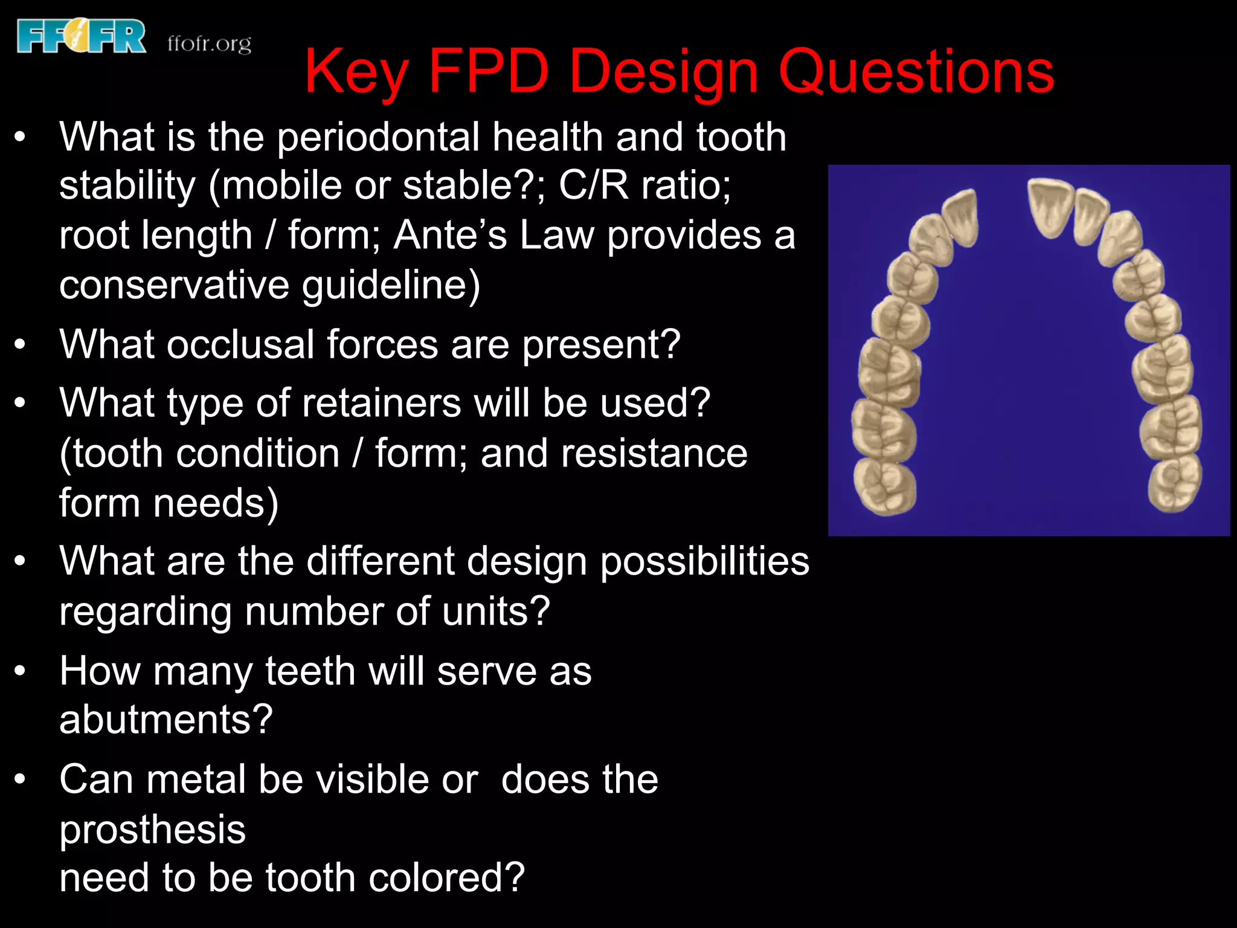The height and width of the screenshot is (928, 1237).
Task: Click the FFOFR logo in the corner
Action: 82,36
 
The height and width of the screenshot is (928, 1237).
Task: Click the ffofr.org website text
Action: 209,44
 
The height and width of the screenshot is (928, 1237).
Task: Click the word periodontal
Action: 378,138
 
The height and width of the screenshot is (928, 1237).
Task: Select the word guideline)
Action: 391,285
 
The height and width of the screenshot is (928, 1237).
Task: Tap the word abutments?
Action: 166,720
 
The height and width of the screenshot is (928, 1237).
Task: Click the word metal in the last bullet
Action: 195,779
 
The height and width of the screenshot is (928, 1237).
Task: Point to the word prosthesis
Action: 152,830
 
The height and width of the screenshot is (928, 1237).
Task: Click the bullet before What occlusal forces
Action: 21,344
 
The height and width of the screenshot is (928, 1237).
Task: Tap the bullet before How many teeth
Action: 21,671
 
